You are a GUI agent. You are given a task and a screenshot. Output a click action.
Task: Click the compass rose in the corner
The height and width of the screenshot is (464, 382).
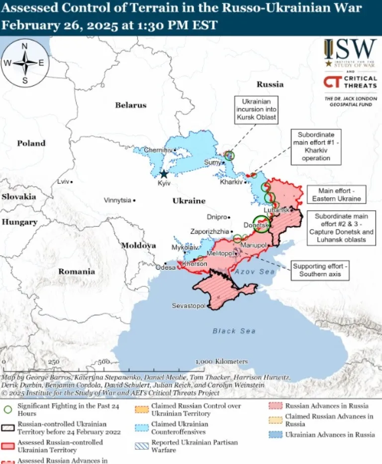[24, 63]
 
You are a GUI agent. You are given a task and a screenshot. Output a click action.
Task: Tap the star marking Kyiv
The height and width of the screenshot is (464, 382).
[164, 174]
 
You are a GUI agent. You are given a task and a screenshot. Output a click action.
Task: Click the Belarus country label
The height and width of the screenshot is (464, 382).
[131, 105]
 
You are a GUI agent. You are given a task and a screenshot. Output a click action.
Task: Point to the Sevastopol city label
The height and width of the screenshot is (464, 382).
[189, 305]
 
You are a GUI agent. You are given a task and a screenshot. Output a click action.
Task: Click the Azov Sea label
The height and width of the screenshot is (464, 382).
[255, 271]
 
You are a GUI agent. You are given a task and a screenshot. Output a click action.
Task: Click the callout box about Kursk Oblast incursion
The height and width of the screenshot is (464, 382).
[256, 110]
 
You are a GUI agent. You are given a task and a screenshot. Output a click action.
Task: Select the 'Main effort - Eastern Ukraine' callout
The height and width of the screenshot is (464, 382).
[336, 195]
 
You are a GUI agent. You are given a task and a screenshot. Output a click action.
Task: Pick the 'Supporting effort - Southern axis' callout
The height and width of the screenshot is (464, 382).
[321, 270]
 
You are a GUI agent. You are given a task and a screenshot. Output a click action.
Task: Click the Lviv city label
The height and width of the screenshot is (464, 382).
[63, 181]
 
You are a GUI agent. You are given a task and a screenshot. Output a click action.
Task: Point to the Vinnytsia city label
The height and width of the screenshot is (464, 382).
[117, 200]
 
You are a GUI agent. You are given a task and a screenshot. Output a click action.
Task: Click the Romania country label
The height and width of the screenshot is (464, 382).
[77, 271]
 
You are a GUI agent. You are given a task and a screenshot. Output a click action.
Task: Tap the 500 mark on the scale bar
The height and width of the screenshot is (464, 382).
[104, 361]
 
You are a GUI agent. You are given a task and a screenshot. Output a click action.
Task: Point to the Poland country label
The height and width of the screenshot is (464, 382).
[31, 143]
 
